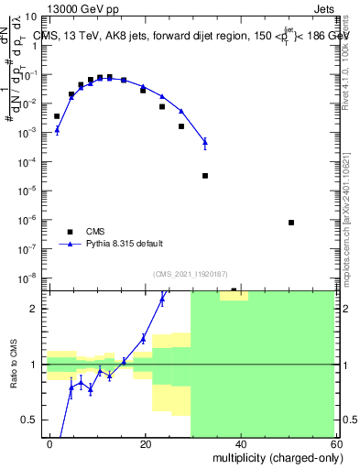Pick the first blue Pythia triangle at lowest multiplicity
click(57, 129)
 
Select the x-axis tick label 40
click(240, 443)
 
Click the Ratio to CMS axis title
click(14, 365)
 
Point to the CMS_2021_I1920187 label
click(191, 274)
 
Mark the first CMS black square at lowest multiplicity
click(57, 116)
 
